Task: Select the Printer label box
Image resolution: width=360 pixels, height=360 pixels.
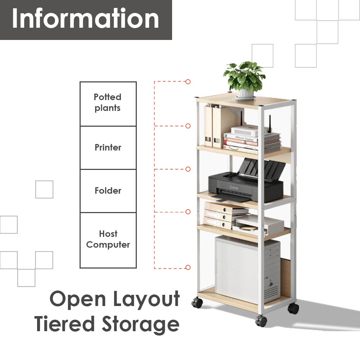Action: pos(108,148)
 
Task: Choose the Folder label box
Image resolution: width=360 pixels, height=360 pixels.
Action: pos(108,191)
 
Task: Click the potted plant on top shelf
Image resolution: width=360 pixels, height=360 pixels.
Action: pos(244,76)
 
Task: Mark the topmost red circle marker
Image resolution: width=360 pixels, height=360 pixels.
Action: pos(188,82)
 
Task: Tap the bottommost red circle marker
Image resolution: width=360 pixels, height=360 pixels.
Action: pos(188,267)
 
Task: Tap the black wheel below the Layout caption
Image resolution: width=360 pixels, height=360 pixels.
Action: pos(197,302)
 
